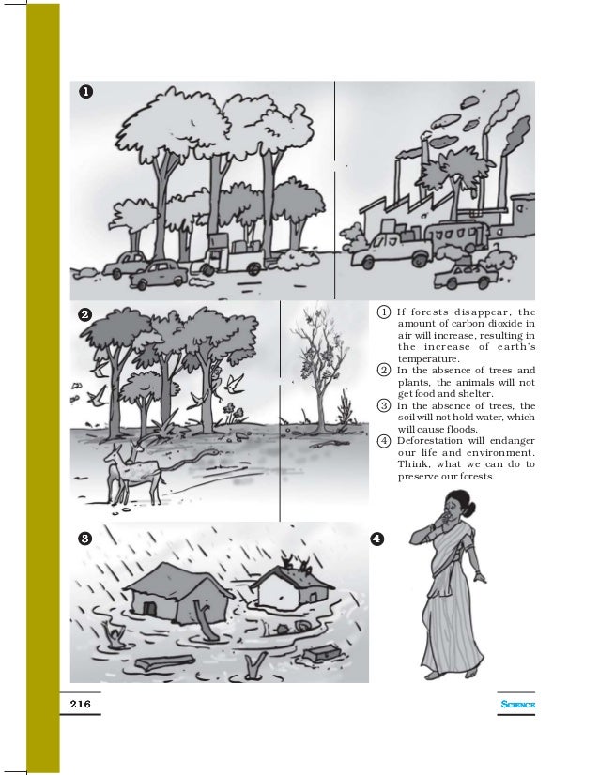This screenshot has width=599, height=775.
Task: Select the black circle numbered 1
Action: click(x=85, y=92)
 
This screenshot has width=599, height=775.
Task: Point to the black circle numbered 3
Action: click(x=84, y=539)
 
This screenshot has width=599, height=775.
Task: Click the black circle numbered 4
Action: click(x=376, y=539)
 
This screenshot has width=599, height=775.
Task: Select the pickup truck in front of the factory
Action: click(x=385, y=253)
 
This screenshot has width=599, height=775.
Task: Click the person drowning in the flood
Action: click(x=115, y=636)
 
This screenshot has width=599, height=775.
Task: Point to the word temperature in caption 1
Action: click(x=429, y=358)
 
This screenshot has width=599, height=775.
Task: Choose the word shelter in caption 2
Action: click(x=470, y=393)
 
